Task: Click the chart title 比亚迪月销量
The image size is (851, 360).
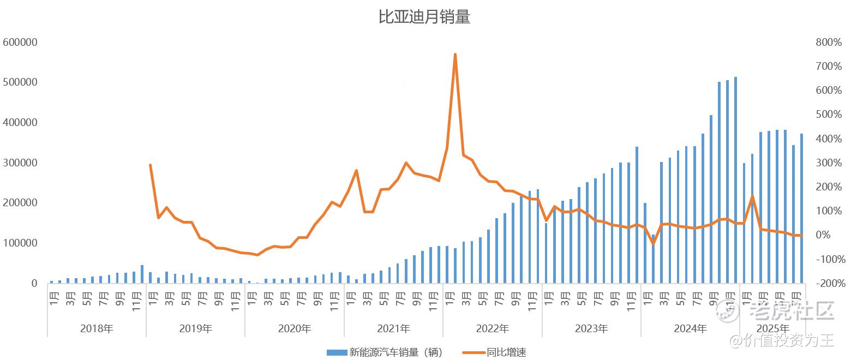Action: pos(424,17)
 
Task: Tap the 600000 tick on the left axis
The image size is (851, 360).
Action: pos(20,42)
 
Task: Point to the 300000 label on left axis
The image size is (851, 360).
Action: pos(20,163)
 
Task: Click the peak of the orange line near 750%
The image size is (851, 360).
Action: pos(455,55)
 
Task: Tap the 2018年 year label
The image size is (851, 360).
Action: pos(97,328)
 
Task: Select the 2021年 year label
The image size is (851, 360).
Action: pos(393,328)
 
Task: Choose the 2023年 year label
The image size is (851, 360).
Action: pos(591,328)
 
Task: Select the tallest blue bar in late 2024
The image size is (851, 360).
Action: pos(735,180)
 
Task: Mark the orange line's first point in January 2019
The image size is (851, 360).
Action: pos(150,165)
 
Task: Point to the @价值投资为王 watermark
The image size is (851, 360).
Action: pos(783,341)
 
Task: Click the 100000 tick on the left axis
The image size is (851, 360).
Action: pos(20,243)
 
